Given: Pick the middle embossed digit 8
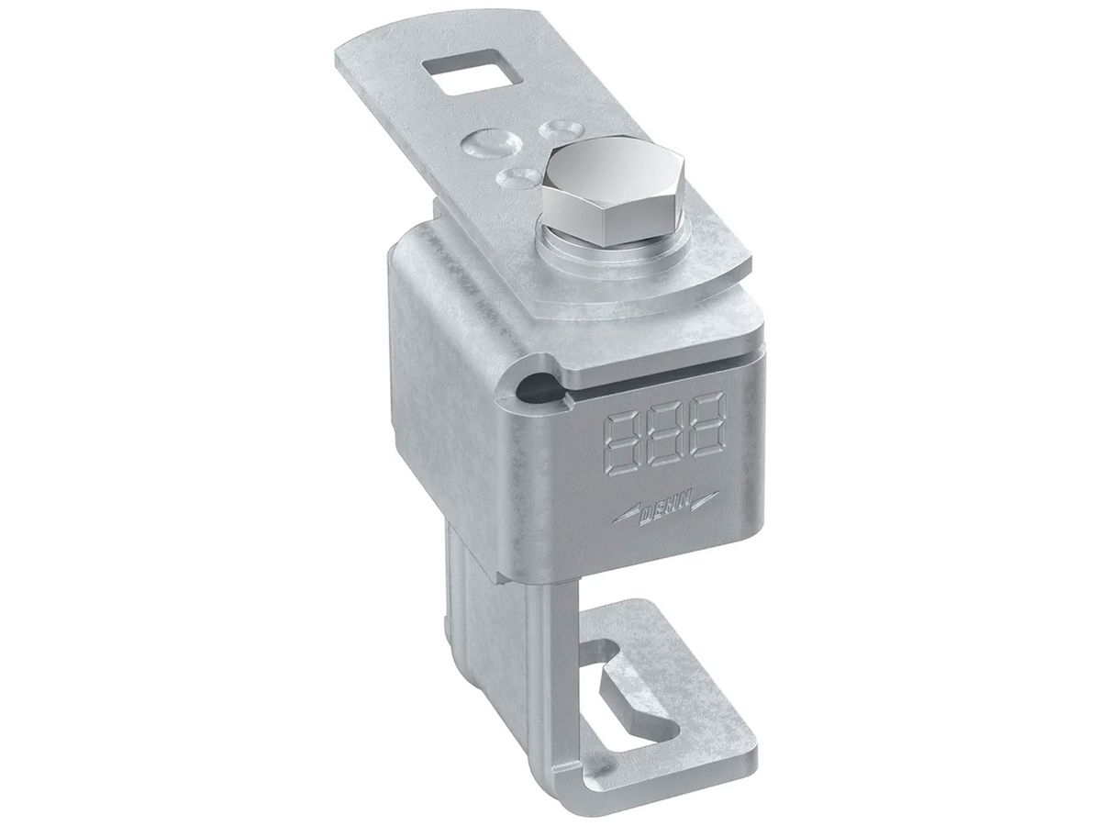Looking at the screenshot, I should [664, 430].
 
